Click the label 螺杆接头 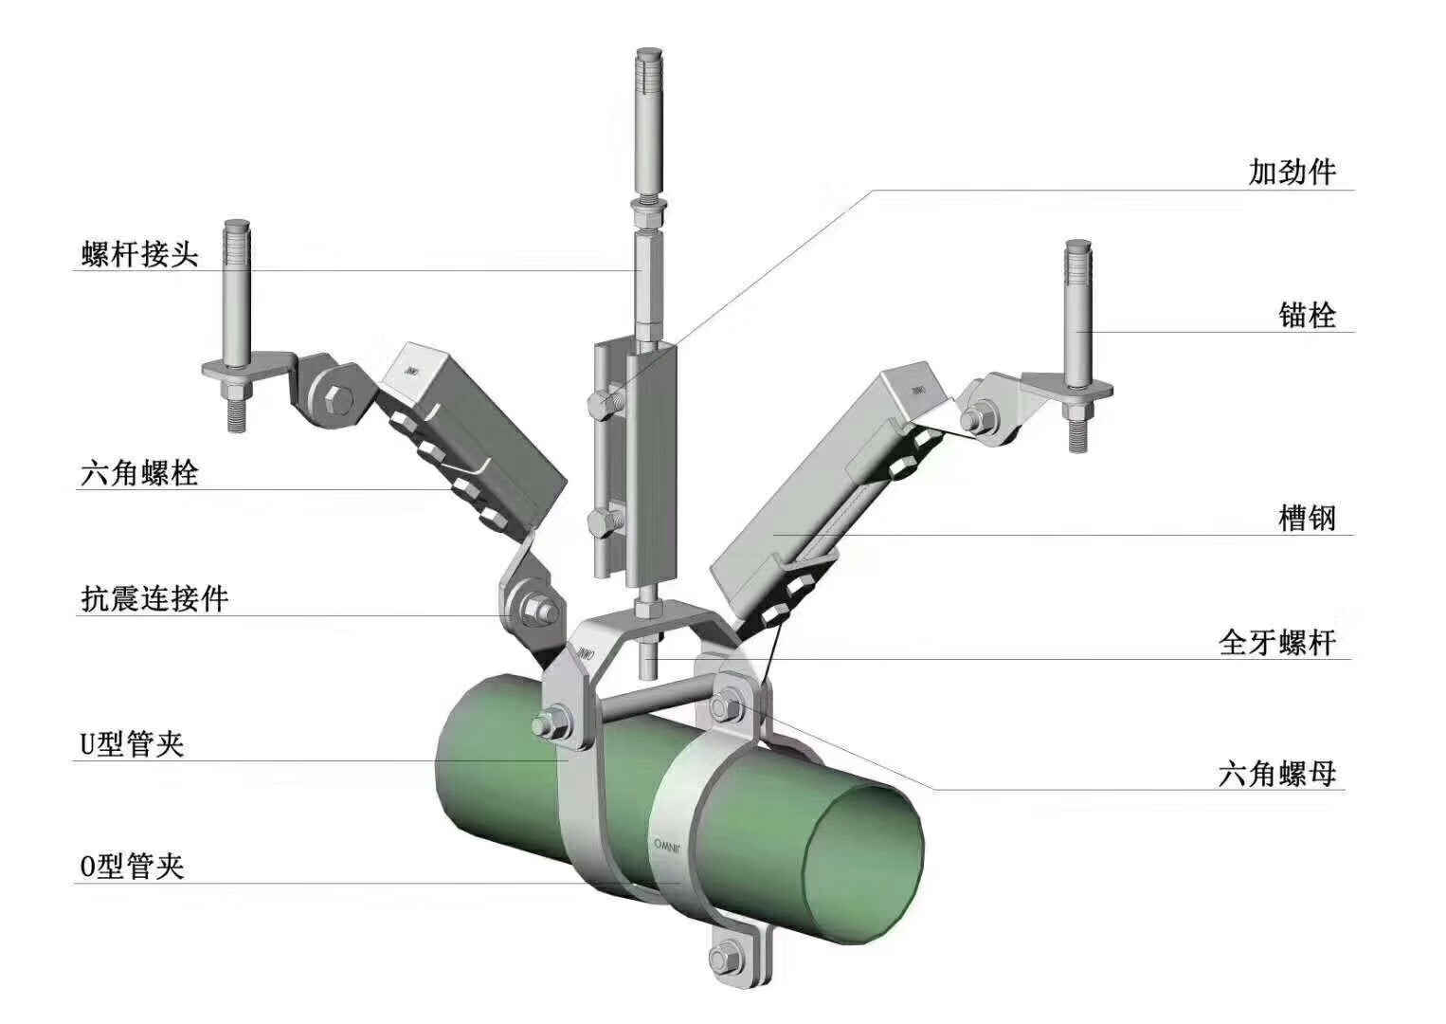point(139,253)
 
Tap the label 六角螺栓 point(139,473)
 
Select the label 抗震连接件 point(155,599)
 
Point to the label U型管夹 point(132,744)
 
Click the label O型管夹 point(132,867)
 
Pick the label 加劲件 point(1292,172)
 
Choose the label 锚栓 point(1308,316)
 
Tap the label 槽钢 point(1308,518)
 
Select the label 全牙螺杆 point(1277,643)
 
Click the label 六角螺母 point(1277,774)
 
